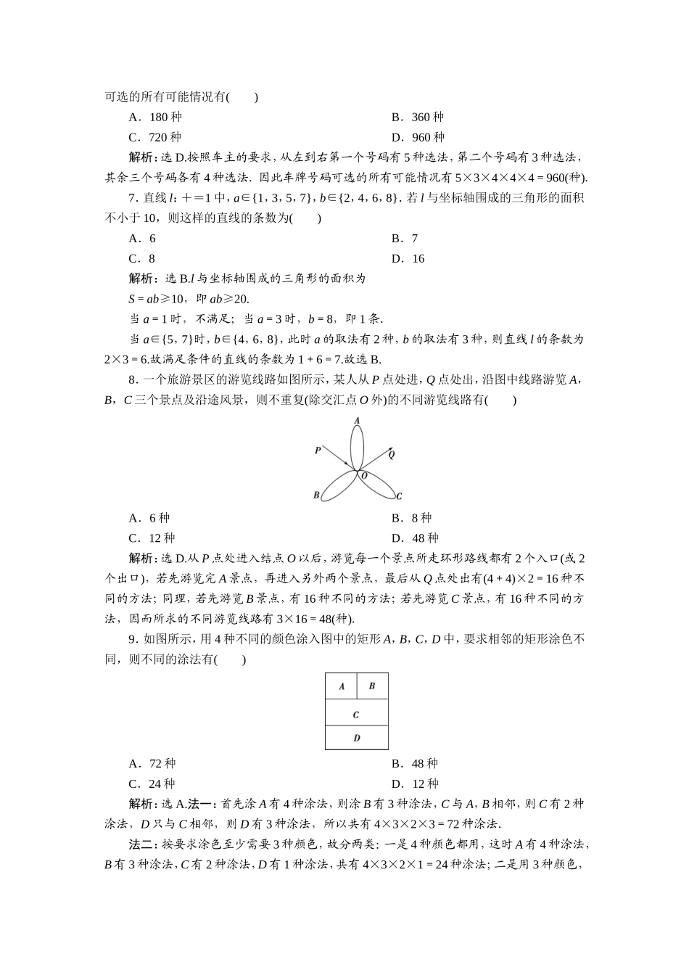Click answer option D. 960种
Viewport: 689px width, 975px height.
[x=418, y=138]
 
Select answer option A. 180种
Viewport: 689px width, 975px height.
[x=155, y=118]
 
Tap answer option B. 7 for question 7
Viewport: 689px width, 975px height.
[x=405, y=239]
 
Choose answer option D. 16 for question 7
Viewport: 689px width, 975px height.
[x=408, y=259]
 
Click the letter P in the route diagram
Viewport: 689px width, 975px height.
[x=318, y=451]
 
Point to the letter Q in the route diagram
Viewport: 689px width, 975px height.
[x=392, y=455]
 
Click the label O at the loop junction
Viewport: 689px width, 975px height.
[x=364, y=476]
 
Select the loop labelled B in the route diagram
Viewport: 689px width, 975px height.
[x=336, y=487]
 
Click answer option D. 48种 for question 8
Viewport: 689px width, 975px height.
[x=415, y=538]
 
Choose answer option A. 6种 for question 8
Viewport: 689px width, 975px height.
[x=149, y=518]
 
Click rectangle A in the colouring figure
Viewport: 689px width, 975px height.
[x=342, y=686]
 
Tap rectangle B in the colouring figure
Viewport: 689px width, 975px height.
[x=372, y=686]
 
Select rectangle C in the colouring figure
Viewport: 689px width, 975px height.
[x=356, y=715]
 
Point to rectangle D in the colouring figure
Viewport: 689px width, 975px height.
[x=356, y=738]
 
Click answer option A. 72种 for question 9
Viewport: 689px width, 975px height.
[x=152, y=764]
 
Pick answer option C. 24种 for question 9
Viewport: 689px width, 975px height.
[x=152, y=784]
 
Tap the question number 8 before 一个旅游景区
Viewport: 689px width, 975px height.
[x=131, y=379]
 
